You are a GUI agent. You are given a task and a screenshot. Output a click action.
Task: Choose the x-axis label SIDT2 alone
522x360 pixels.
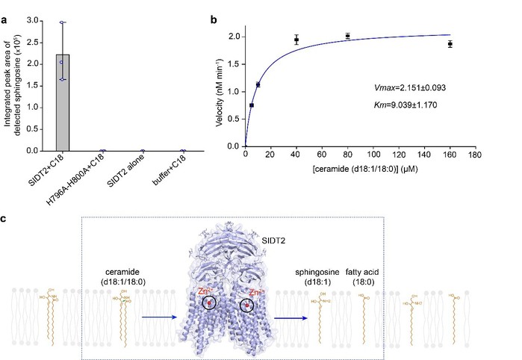click(x=128, y=171)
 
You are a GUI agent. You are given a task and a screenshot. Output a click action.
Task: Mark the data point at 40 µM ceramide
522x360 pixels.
click(x=296, y=40)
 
